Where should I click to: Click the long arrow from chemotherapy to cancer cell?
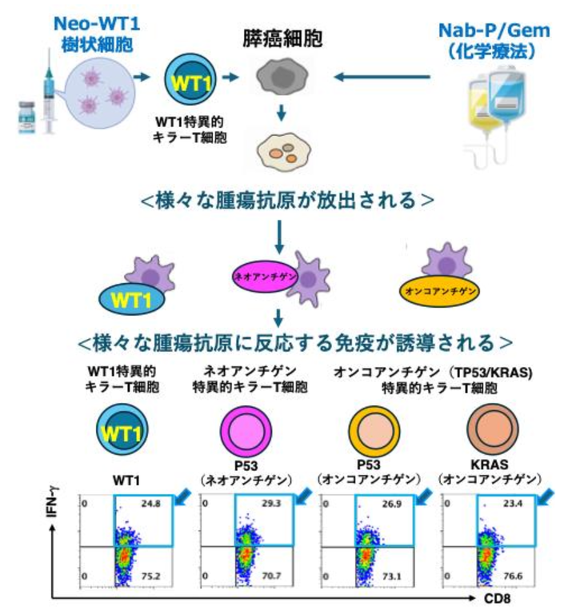coord(384,78)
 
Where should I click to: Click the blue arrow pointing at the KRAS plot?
coord(547,498)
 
